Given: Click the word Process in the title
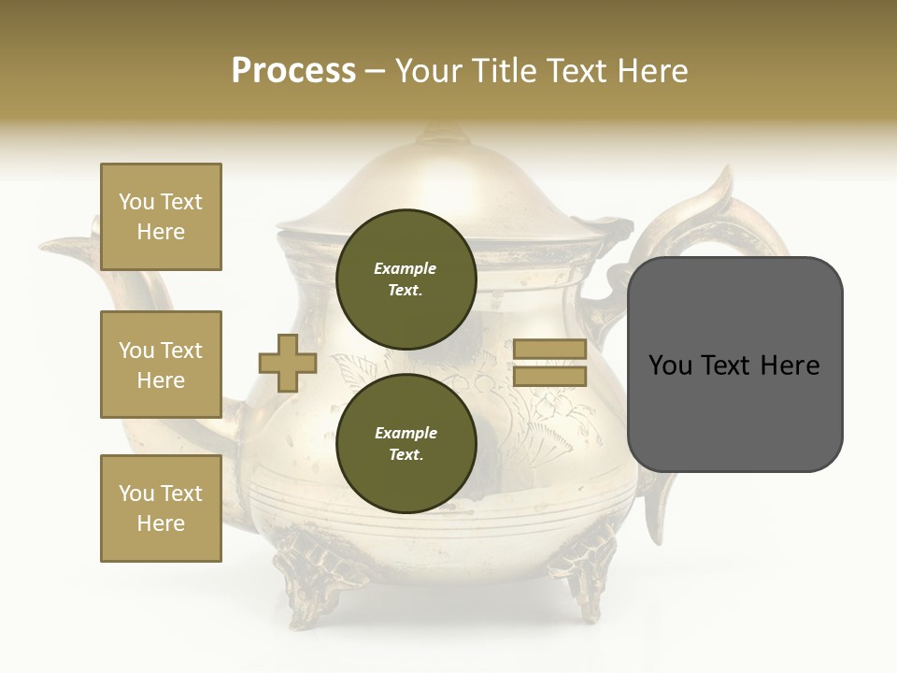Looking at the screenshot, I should [293, 71].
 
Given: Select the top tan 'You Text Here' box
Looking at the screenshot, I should [161, 217].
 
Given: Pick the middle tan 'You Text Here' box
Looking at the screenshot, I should [161, 365].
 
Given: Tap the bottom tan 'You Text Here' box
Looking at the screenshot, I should [161, 508].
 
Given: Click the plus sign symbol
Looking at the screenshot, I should [288, 363].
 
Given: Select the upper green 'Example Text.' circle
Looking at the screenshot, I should [406, 279].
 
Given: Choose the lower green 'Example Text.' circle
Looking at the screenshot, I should [406, 443].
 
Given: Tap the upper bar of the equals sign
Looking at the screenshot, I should [550, 349].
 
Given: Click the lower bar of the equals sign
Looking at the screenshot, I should [550, 377].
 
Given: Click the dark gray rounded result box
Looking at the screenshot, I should [734, 365].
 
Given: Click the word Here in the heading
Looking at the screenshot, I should [651, 71].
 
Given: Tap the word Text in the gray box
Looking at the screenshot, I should [733, 365].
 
